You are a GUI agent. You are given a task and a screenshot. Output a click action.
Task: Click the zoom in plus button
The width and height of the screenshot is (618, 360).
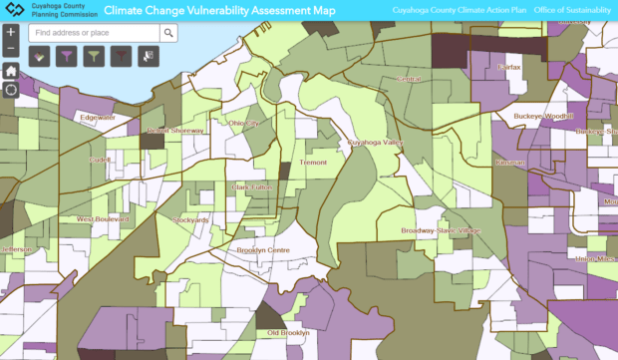click(x=10, y=32)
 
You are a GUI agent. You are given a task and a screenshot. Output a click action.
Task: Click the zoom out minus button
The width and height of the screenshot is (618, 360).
click(x=10, y=49)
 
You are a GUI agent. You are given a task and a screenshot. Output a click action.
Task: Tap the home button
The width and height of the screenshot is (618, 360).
click(x=10, y=71)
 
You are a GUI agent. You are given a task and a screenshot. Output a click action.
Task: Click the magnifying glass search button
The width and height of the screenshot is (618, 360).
click(x=168, y=33)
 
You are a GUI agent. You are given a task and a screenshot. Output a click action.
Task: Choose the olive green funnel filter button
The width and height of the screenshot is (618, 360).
click(x=96, y=58)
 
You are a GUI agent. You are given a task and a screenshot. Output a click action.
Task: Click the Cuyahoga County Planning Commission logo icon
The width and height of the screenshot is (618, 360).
click(x=12, y=11)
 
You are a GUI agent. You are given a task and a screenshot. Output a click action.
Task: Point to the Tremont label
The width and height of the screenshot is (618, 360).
click(x=313, y=162)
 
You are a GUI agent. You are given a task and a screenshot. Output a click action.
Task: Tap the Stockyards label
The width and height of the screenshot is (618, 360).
click(x=190, y=219)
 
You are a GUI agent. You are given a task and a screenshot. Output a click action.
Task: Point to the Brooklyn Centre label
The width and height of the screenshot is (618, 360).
click(x=263, y=250)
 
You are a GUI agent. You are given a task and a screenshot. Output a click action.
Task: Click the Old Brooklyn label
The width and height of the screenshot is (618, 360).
click(x=289, y=332)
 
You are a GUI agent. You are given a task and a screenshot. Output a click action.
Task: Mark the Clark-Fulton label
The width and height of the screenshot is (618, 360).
click(x=253, y=186)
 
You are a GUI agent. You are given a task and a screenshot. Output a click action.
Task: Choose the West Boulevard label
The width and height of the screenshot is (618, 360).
click(x=104, y=218)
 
